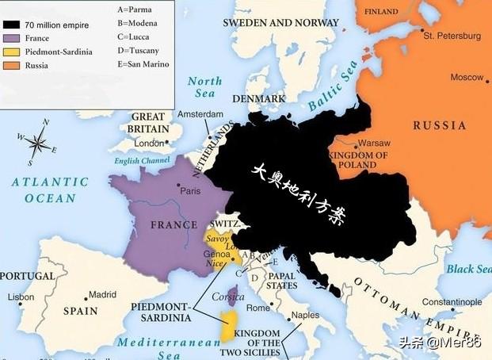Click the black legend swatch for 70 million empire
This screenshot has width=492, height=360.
[x=12, y=25]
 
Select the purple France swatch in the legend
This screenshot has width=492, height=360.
[x=12, y=38]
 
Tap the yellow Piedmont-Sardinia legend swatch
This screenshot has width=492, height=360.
[x=12, y=52]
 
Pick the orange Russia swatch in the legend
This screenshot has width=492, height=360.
[x=12, y=65]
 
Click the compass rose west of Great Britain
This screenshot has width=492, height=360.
[x=36, y=143]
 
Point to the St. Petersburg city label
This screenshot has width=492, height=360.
[x=451, y=36]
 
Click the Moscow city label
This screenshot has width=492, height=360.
[x=467, y=77]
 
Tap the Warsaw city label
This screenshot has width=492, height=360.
[x=374, y=143]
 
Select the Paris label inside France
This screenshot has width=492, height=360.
[x=190, y=190]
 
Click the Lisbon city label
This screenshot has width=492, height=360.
[x=21, y=297]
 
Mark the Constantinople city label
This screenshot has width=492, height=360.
[x=452, y=302]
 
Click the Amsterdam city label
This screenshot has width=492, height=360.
[x=200, y=114]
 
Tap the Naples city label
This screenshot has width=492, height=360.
[x=305, y=315]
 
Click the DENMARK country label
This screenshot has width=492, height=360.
[x=258, y=98]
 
